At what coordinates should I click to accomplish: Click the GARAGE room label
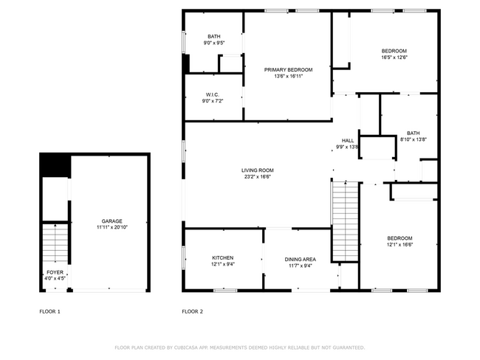pos(112,221)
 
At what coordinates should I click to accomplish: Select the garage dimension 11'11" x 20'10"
pos(112,227)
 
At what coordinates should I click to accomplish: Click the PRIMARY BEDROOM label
pos(288,69)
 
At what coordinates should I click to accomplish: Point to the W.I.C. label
pos(213,94)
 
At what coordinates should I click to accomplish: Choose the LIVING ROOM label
pos(257,170)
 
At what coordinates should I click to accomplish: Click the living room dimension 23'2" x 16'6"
pos(257,176)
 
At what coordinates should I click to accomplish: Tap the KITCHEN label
pos(222,258)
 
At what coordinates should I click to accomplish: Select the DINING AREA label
pos(301,259)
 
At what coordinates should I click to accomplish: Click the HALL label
pos(347,140)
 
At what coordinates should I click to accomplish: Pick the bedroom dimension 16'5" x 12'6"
pos(394,57)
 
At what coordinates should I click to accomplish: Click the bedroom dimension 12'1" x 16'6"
pos(400,243)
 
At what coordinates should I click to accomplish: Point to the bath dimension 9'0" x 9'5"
pos(213,44)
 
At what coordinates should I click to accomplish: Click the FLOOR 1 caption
pos(49,311)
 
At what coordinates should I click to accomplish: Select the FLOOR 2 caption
pos(192,311)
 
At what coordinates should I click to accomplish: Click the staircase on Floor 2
pos(345,221)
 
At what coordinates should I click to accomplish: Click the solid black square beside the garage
pos(55,165)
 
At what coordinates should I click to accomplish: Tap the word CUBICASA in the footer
pos(195,347)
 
